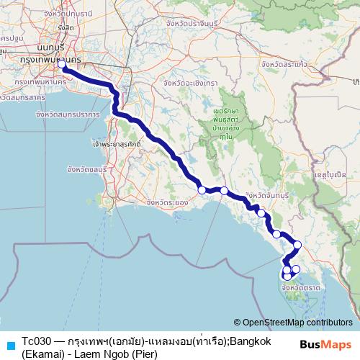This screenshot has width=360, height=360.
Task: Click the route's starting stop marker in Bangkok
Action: pos(63,66)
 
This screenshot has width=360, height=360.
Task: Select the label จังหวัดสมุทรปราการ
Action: pos(66,114)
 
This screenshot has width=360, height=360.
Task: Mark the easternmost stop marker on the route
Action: pos(297,245)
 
